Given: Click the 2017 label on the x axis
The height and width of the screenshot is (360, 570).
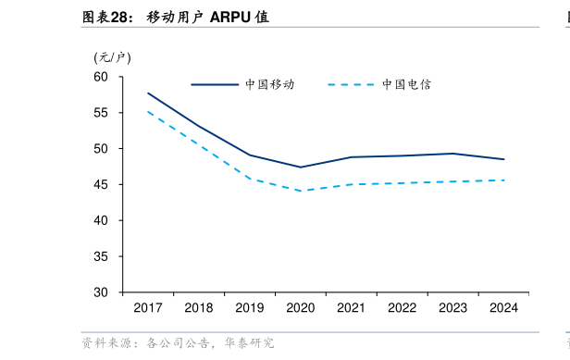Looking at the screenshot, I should (x=148, y=307).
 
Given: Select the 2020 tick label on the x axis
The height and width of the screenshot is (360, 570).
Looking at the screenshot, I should (x=301, y=307).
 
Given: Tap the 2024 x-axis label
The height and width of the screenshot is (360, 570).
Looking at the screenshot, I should (x=502, y=307).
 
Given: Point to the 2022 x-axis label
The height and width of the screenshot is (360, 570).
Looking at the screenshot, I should (x=402, y=307).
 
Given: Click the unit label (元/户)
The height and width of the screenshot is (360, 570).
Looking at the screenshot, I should (x=113, y=57).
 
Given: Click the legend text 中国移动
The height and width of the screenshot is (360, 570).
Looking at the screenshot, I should (x=270, y=84).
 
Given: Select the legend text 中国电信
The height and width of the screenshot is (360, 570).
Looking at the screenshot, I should (x=406, y=84).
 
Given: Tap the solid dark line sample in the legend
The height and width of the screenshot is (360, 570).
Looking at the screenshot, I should (x=215, y=84).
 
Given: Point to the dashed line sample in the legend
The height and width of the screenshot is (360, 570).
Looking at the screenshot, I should (x=351, y=84).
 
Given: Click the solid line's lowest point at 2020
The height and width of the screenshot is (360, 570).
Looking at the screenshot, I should (x=301, y=168).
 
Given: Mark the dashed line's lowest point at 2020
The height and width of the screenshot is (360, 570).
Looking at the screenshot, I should (x=301, y=191).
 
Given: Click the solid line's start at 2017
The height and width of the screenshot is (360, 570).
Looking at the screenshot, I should (x=148, y=93).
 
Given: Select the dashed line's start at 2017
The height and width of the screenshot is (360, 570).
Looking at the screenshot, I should (x=148, y=111).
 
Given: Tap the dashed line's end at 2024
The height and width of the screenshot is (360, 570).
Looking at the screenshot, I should (x=503, y=180).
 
